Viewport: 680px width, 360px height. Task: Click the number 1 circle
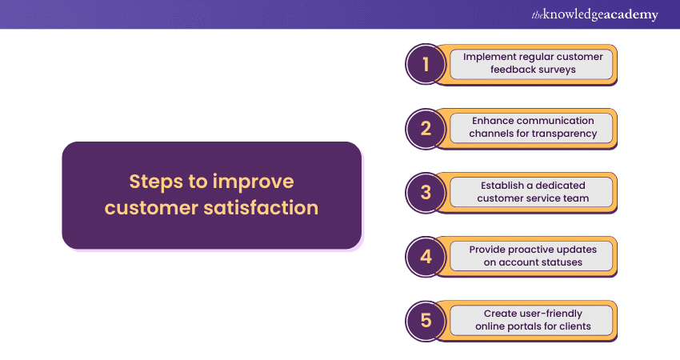coord(426,64)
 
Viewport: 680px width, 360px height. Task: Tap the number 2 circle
coord(426,128)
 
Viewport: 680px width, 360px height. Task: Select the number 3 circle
coord(426,193)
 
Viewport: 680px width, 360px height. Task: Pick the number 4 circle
coord(426,257)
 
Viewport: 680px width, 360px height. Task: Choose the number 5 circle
coord(426,321)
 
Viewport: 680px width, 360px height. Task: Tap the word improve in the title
coord(254,182)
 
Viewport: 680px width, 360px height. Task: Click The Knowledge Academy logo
coord(594,14)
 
